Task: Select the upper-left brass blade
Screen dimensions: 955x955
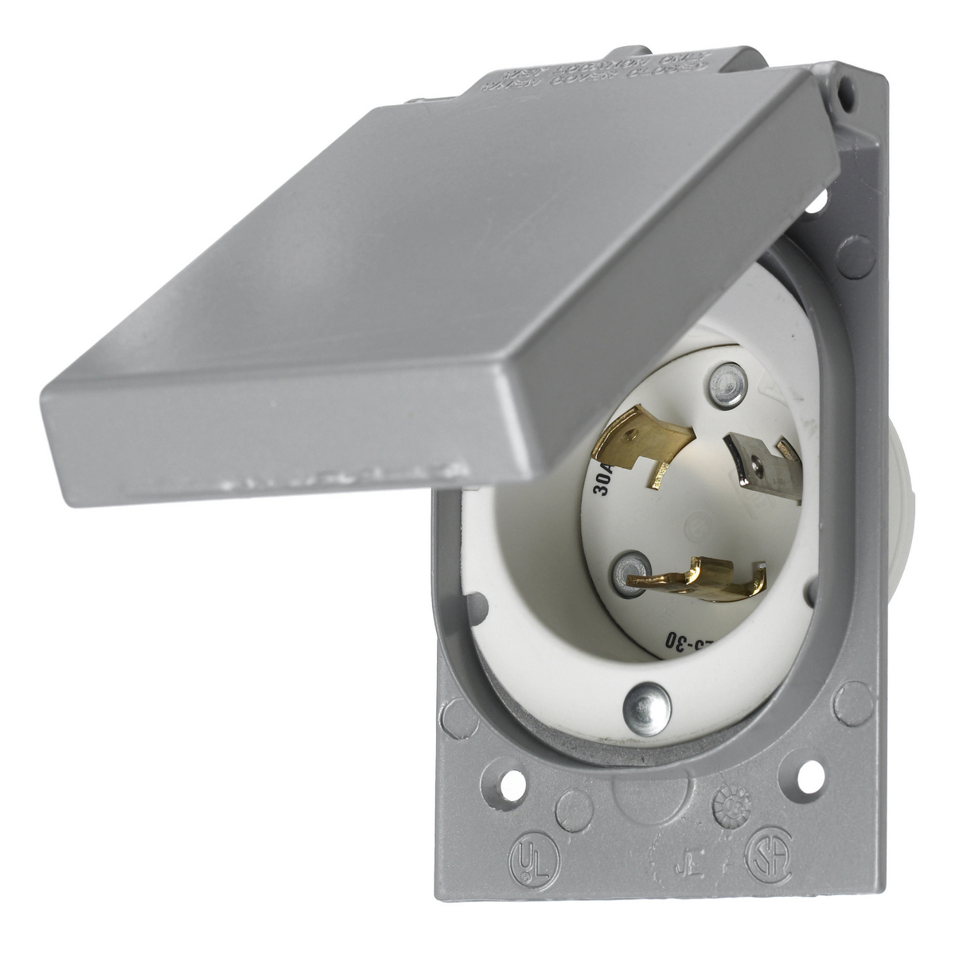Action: pyautogui.click(x=643, y=441)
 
